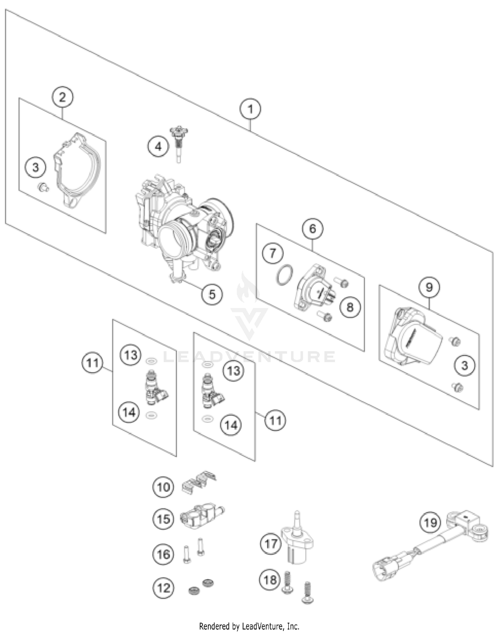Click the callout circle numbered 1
250,109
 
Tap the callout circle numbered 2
63,97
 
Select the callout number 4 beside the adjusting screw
158,146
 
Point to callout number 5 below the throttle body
212,294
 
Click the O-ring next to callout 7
284,276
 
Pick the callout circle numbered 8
350,307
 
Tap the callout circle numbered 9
429,287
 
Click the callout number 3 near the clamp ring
36,167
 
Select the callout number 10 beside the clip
163,487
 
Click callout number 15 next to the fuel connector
163,519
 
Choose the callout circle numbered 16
163,554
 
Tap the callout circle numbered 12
163,588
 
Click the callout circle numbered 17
270,544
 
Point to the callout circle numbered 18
270,580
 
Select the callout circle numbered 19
430,522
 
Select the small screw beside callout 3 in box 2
43,188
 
